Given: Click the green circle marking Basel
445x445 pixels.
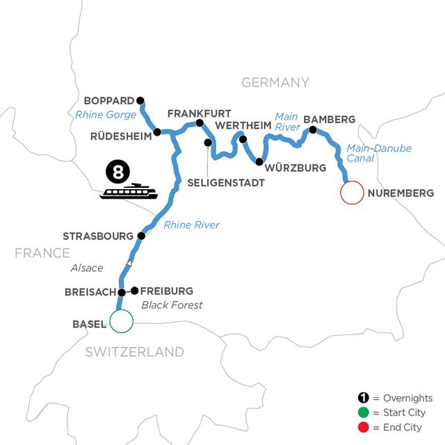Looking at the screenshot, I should (121, 322).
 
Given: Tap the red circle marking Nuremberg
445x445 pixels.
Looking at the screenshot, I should (352, 193).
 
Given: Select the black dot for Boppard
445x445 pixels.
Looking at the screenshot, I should (140, 99).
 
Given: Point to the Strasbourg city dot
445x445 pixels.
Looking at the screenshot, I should (141, 236).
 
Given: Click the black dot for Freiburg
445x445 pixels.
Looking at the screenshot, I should (135, 291).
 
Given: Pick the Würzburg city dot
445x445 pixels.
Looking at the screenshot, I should (259, 162).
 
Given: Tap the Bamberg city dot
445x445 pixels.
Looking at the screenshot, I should (313, 130).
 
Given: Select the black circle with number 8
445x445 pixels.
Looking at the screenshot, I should (115, 169).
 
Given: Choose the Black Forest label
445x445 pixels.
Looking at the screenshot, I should (168, 304).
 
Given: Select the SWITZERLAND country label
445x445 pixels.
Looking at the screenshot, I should (135, 352).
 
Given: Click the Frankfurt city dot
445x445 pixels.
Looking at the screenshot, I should (200, 124).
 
